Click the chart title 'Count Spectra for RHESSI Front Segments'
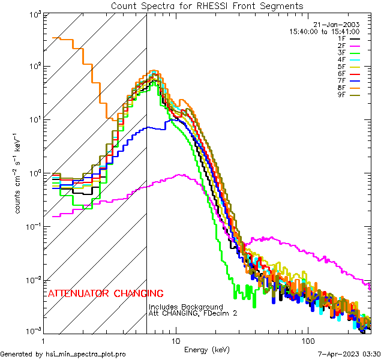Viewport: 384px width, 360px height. pyautogui.click(x=207, y=5)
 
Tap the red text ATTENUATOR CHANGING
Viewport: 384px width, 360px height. pyautogui.click(x=106, y=294)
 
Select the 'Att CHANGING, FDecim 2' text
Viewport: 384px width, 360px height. pyautogui.click(x=189, y=313)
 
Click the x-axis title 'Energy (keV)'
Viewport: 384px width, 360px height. pyautogui.click(x=206, y=349)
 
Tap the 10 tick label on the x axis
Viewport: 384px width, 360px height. pyautogui.click(x=175, y=340)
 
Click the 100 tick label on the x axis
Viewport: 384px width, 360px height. pyautogui.click(x=307, y=340)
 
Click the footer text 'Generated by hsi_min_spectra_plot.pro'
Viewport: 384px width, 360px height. pyautogui.click(x=63, y=355)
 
